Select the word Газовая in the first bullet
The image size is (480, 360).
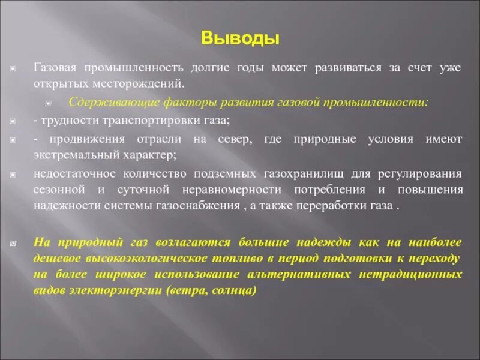point(55,67)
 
